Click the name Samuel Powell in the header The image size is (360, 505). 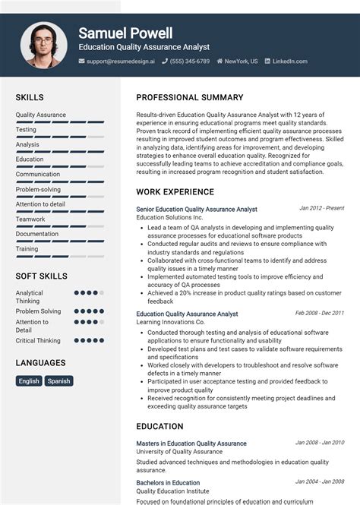125,33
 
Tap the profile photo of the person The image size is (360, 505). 43,45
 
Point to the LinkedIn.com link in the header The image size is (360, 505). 289,62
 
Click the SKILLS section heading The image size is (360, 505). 30,98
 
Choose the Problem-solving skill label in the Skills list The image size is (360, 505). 38,189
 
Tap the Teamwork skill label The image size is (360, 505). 31,219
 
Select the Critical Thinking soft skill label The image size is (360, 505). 38,341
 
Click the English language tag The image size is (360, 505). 29,381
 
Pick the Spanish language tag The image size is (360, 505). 58,381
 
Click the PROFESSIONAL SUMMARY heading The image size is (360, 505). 190,98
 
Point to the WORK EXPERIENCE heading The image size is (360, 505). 175,192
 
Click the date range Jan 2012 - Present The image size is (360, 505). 321,207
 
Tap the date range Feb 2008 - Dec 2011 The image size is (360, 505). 319,312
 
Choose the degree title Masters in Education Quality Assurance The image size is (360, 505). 191,443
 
